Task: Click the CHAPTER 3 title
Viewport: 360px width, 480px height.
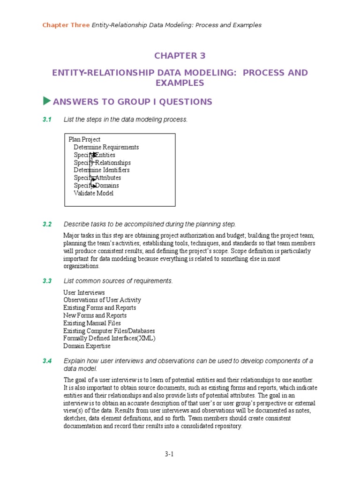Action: pyautogui.click(x=180, y=56)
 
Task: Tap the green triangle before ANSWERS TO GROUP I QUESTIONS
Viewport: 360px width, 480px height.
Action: pyautogui.click(x=46, y=101)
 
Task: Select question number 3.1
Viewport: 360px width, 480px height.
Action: pyautogui.click(x=46, y=120)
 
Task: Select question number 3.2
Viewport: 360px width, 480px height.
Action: pyautogui.click(x=46, y=224)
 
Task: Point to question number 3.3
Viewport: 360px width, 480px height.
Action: pyautogui.click(x=46, y=281)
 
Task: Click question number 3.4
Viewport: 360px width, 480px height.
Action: pyautogui.click(x=46, y=361)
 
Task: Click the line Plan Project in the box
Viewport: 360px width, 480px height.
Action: pyautogui.click(x=84, y=139)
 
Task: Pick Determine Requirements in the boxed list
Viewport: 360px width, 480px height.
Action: pyautogui.click(x=106, y=147)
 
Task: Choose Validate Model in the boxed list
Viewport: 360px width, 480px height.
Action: pyautogui.click(x=93, y=193)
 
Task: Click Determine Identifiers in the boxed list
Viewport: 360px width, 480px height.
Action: pyautogui.click(x=101, y=170)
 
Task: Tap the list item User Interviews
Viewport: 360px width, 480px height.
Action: pyautogui.click(x=84, y=292)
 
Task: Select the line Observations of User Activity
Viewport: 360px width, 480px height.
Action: pyautogui.click(x=102, y=300)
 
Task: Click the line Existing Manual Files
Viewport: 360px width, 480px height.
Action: pyautogui.click(x=92, y=323)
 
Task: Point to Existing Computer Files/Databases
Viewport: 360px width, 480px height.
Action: pyautogui.click(x=109, y=331)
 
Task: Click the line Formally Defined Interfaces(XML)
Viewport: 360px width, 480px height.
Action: pyautogui.click(x=109, y=338)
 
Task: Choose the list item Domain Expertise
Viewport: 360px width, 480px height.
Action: pyautogui.click(x=87, y=346)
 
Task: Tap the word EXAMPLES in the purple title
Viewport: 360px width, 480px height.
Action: pyautogui.click(x=180, y=83)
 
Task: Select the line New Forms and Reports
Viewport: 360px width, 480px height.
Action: pyautogui.click(x=95, y=315)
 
